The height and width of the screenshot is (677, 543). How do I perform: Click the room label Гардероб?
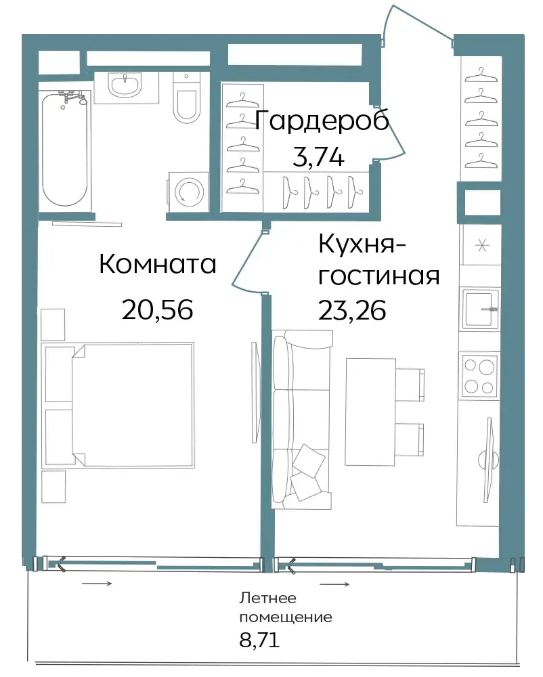[322, 121]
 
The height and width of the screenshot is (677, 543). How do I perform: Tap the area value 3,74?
[318, 156]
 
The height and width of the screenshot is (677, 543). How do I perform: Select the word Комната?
[158, 264]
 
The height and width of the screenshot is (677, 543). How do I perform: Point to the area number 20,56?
[157, 309]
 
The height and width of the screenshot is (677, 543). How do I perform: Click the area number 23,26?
[352, 310]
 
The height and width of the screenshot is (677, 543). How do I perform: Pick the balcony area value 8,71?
[259, 640]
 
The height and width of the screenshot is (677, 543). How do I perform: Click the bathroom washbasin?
[125, 85]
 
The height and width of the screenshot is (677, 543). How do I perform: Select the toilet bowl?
[186, 98]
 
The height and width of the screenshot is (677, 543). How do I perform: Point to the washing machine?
[188, 192]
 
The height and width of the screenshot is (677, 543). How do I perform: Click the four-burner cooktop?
[479, 374]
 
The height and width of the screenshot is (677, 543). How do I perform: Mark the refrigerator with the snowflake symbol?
[481, 245]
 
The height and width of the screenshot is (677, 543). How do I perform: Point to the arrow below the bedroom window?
[97, 584]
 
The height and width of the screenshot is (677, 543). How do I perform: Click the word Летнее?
[267, 598]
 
